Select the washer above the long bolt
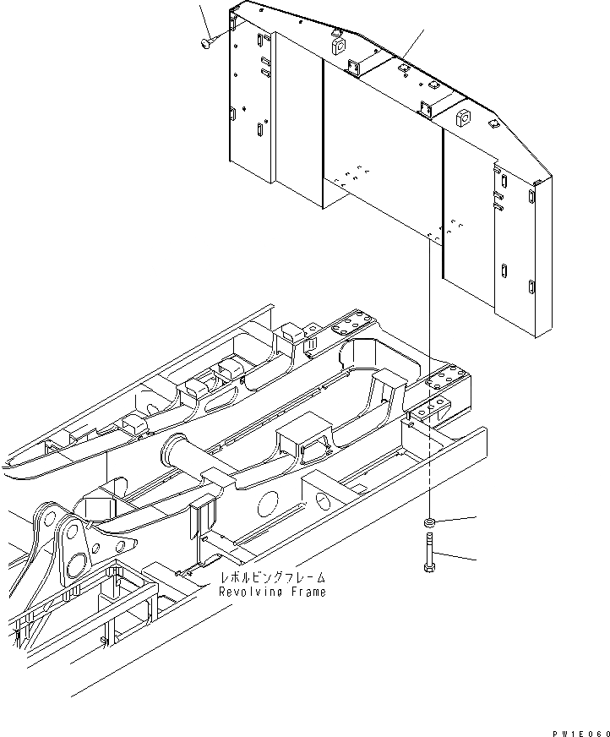pos(430,523)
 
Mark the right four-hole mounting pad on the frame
pos(447,379)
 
